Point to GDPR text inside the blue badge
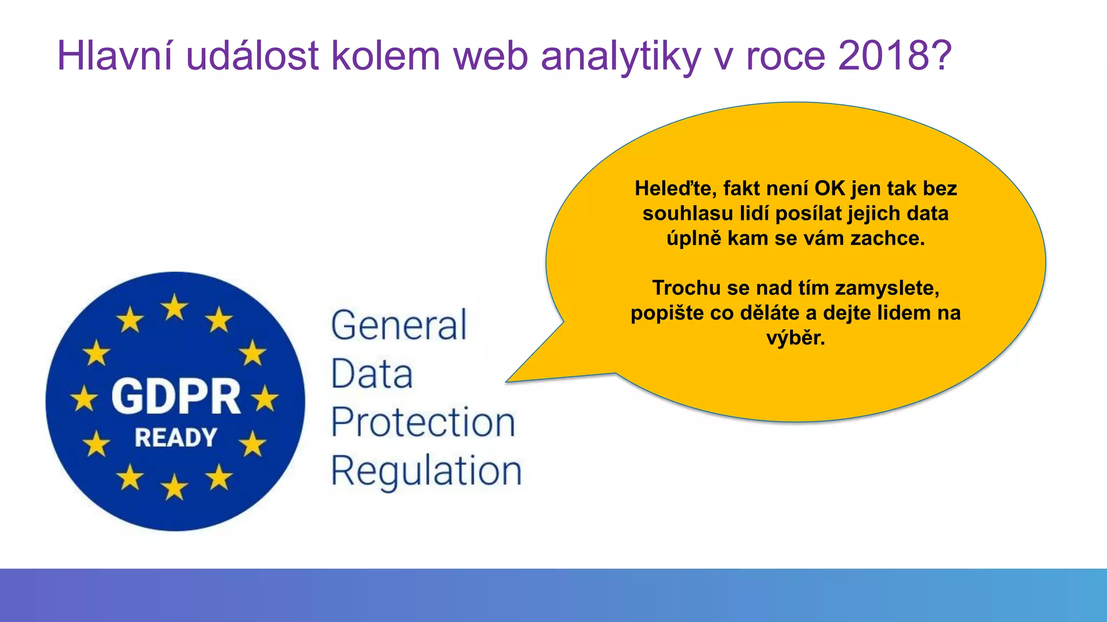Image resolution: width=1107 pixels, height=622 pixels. (176, 397)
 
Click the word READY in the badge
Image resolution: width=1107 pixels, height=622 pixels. (176, 437)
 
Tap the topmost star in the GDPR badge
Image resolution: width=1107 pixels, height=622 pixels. (175, 307)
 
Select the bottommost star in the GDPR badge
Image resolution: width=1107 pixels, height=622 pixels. (175, 487)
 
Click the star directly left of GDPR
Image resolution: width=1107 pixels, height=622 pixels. (84, 400)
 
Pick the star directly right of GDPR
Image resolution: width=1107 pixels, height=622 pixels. (265, 400)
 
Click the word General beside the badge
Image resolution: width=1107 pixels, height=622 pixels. (399, 326)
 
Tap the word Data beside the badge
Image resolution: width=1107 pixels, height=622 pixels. (372, 374)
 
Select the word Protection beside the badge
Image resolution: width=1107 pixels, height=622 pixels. (423, 422)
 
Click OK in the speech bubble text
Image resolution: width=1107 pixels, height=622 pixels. (830, 188)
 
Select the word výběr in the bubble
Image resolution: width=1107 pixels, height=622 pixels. (796, 338)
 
